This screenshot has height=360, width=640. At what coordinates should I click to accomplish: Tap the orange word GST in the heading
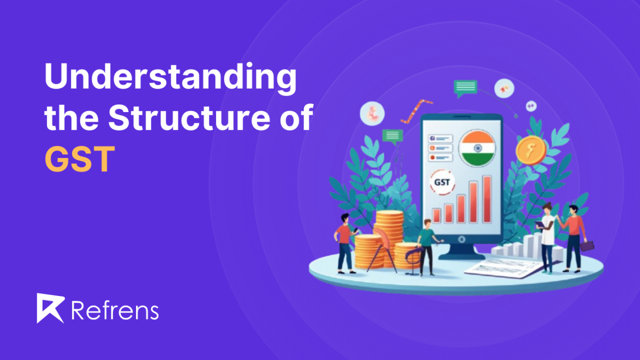coord(79,158)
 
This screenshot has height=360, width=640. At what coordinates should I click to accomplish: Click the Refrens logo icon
coord(50,308)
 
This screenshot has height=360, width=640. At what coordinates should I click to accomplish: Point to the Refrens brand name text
coord(114,309)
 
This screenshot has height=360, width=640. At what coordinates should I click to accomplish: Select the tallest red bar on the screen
coord(486,199)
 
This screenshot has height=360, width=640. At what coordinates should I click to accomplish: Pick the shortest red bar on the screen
coord(436,214)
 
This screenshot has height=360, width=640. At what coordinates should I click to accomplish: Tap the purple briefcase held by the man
coord(587,246)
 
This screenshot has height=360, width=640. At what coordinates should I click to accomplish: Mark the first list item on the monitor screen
coord(441,138)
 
